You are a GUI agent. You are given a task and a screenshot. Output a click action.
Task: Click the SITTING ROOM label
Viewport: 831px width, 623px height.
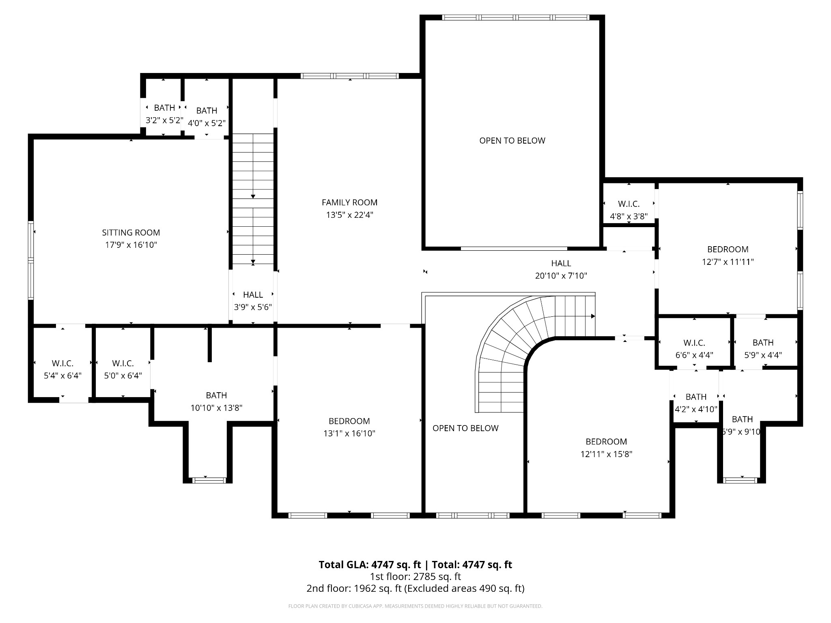coord(131,232)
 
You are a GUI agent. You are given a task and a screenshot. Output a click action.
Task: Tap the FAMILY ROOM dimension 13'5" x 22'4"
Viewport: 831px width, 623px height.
coord(349,215)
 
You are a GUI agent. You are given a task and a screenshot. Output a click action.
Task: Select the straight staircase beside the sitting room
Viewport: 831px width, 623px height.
coord(253,199)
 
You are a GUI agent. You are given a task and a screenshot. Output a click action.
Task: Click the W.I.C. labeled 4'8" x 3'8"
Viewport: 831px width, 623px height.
coord(629,210)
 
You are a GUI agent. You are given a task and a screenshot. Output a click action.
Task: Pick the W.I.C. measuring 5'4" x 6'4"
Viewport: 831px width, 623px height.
coord(62,370)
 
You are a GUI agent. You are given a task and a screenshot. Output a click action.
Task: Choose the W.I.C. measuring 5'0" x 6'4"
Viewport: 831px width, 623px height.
coord(123,370)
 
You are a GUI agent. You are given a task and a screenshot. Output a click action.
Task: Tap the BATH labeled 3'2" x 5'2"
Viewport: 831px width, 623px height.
coord(164,114)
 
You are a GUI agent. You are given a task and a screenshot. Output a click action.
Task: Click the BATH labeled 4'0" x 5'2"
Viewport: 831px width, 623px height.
coord(207,117)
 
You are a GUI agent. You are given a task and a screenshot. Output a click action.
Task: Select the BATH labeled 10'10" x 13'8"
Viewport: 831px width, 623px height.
coord(216,402)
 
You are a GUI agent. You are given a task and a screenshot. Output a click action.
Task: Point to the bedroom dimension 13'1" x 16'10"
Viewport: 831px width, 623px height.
coord(349,434)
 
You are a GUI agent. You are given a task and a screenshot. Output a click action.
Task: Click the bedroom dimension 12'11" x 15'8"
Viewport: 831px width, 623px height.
coord(606,454)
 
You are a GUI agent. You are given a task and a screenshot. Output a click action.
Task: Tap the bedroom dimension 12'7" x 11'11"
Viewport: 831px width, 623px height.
coord(728,262)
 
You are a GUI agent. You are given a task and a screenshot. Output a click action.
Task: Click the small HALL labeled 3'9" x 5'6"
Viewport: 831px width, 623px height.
coord(253,301)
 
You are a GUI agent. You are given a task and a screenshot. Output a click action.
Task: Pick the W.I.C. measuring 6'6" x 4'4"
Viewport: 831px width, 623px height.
coord(694,349)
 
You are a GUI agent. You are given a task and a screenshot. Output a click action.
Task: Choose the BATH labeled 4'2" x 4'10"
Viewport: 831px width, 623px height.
coord(696,403)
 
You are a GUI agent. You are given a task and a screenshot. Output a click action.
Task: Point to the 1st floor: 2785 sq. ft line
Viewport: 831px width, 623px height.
coord(415,576)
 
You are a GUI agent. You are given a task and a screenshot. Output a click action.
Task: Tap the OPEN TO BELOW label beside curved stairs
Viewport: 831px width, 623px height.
coord(465,428)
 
